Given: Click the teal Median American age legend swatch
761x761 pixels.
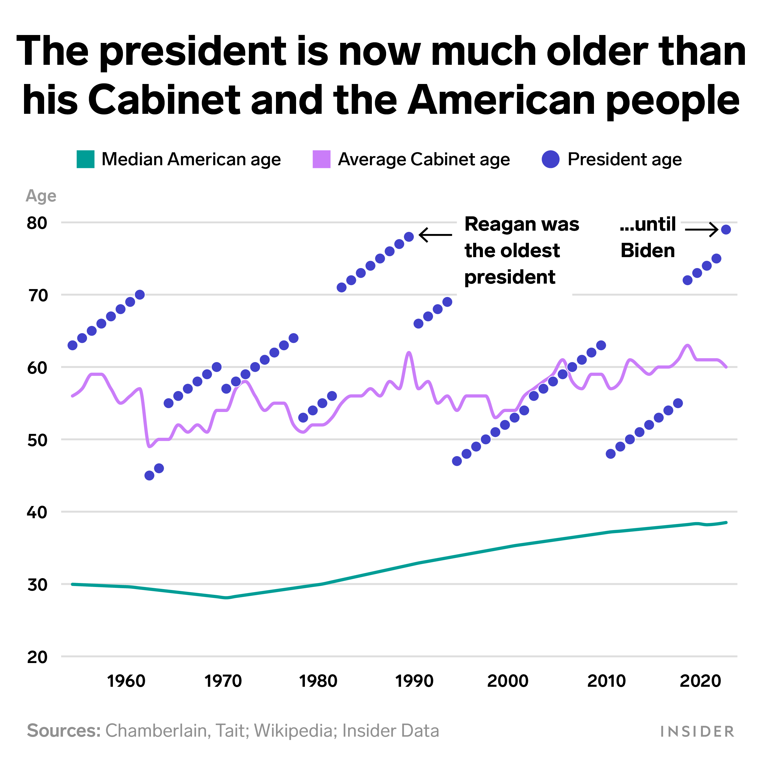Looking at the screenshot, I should pos(86,159).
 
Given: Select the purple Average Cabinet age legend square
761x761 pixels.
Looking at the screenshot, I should pos(321,159).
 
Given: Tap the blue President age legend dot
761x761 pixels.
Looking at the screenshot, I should pos(551,159).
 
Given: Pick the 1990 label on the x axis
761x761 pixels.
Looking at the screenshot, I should pos(414,681).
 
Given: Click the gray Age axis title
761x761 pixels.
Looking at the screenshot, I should pos(41,196).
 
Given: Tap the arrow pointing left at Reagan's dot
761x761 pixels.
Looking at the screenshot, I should pos(435,235).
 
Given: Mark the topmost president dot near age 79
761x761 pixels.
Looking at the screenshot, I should pos(726,230).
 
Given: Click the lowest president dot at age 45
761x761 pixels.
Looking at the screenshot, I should pos(149,475).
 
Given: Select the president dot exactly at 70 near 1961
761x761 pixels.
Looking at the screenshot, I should pos(140,295).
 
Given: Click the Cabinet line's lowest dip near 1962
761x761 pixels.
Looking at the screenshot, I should pos(149,446).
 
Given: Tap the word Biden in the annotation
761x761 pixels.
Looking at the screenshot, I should pos(648,250).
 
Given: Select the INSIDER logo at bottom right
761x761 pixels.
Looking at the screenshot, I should pos(697,731).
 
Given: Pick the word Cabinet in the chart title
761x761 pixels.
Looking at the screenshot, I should pos(164,100).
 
